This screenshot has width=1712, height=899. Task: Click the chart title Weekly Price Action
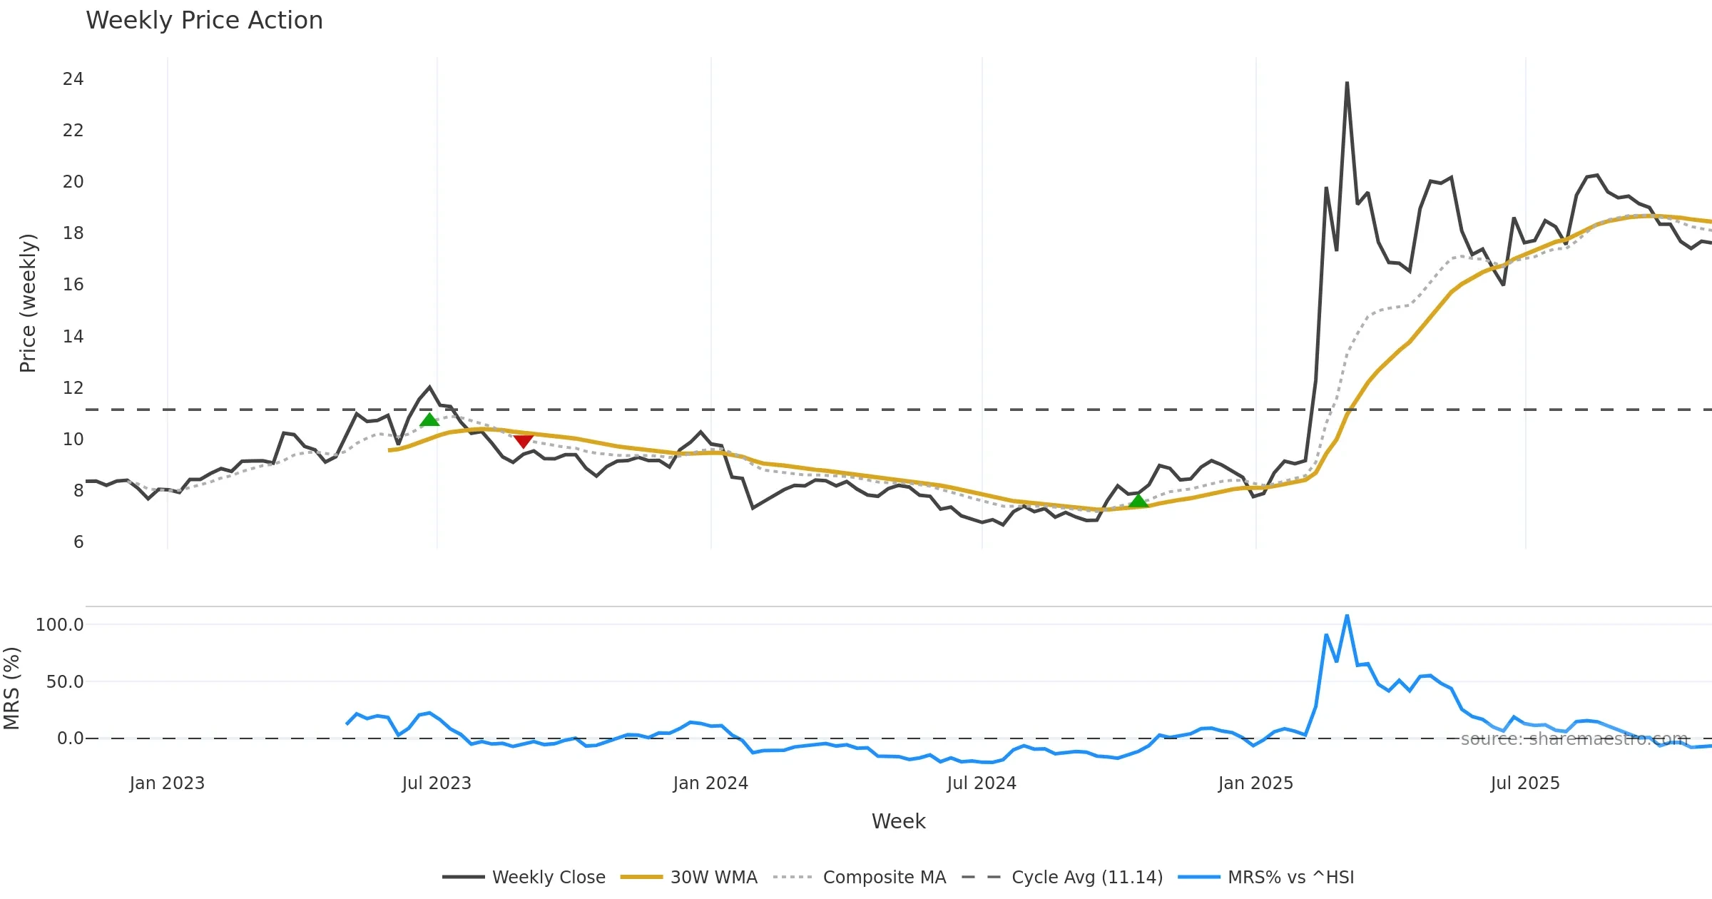pos(204,21)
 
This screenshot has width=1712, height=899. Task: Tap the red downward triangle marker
pos(523,441)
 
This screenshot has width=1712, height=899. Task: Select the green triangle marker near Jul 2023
pos(429,420)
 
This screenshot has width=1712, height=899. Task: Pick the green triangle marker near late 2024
pos(1138,501)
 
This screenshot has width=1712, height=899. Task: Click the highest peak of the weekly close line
pos(1347,83)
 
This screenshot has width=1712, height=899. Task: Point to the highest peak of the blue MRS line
pos(1347,615)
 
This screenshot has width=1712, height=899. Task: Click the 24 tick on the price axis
pos(73,79)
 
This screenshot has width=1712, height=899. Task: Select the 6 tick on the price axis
pos(78,542)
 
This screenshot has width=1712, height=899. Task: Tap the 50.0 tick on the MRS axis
pos(65,682)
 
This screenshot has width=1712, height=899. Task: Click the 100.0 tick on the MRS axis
pos(60,625)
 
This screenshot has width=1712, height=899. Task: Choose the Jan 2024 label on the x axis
pos(710,783)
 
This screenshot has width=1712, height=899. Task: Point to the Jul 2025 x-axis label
pos(1525,783)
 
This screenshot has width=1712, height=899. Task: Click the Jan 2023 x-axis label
pos(167,783)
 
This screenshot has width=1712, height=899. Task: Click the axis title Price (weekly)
pos(28,303)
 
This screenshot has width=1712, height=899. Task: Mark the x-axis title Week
pos(898,821)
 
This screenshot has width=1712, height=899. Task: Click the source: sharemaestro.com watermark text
pos(1574,739)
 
